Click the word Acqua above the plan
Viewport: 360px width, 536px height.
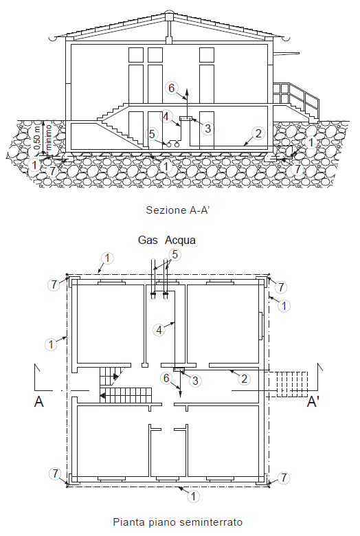pos(180,241)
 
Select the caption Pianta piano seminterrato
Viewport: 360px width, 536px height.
pos(177,522)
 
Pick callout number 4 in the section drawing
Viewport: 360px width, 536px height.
pos(166,115)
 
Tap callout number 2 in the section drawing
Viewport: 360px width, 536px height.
pos(258,133)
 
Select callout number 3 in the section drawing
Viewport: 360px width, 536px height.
pos(207,128)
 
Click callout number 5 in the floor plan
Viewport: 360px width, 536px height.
pos(175,254)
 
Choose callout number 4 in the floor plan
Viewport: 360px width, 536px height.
pos(159,330)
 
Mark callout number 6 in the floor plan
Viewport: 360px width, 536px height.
pos(166,377)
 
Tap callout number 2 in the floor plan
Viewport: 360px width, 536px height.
pos(243,377)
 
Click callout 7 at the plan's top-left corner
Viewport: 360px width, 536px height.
pos(52,284)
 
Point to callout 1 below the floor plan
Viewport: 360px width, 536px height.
pos(193,495)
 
